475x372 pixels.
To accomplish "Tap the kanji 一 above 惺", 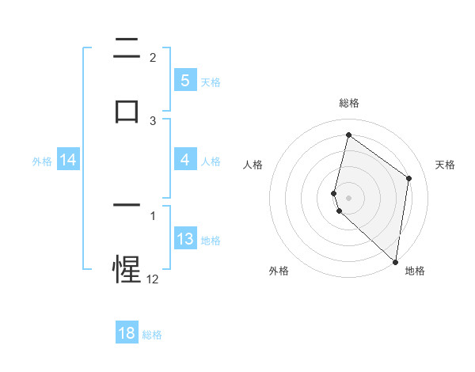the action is (127, 206).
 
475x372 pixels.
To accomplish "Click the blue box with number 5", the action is (184, 80).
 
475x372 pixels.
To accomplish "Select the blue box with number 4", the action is (184, 161).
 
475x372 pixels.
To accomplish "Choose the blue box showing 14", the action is (68, 161).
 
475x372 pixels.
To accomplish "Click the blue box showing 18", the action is (127, 333).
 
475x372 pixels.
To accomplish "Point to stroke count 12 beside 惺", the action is (152, 279).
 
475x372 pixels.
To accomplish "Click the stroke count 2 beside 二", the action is (153, 57).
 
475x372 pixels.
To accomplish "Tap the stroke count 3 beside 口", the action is (153, 120).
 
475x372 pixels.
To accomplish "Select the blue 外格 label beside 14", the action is (42, 161).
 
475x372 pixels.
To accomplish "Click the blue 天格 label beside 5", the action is (211, 82).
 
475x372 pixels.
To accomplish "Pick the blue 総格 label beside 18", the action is (152, 335).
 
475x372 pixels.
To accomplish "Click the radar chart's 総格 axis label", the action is (348, 103).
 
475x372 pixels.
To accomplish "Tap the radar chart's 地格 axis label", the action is (415, 271).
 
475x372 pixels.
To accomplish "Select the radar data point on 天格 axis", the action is (409, 178).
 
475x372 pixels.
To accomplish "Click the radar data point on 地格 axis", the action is (396, 262).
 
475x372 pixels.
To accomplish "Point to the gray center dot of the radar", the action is (348, 197).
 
